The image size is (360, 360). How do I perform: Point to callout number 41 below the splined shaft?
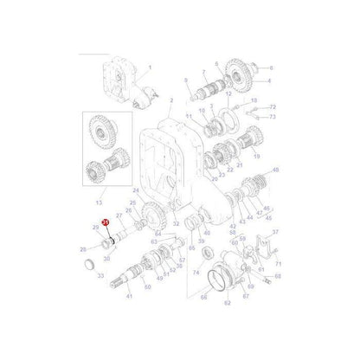[x=129, y=297]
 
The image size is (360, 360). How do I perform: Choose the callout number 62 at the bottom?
[x=228, y=304]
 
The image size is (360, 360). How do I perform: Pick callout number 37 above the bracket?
[x=274, y=233]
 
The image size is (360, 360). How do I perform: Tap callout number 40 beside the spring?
[x=275, y=171]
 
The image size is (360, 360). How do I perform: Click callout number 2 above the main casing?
[x=170, y=100]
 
